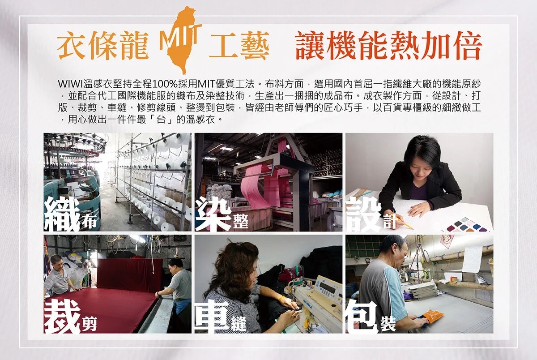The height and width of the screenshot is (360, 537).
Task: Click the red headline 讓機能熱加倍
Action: click(389, 46)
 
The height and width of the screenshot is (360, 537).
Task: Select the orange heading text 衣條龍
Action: click(103, 45)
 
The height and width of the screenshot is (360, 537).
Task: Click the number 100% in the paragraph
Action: click(165, 84)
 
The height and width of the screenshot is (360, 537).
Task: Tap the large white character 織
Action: click(62, 214)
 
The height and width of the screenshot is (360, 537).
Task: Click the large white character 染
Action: click(213, 214)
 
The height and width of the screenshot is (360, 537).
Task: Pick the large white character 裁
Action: click(62, 317)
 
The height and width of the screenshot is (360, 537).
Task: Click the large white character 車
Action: click(213, 317)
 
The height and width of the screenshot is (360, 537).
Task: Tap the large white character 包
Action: click(362, 317)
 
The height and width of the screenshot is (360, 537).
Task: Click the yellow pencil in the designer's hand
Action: click(405, 223)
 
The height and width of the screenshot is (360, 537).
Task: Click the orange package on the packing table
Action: click(432, 315)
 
